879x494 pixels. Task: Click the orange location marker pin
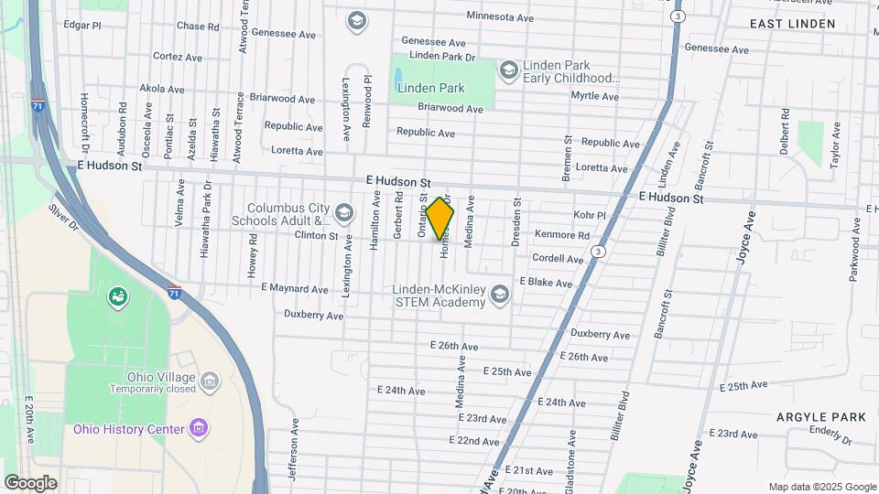(440, 218)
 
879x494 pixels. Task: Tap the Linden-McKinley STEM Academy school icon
(500, 294)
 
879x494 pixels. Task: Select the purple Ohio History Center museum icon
(197, 428)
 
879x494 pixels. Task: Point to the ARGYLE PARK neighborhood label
(808, 417)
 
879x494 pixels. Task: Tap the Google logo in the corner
(30, 483)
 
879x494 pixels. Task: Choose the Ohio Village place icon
(209, 380)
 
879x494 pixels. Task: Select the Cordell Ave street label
(558, 259)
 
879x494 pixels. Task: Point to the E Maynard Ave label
(294, 289)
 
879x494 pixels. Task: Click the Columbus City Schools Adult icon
(344, 214)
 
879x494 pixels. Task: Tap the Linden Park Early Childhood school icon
(508, 70)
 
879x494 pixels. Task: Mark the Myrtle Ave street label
(594, 96)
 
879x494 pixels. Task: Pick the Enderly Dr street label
(831, 430)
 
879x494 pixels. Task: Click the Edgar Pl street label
(82, 25)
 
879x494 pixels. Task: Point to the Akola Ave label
(161, 90)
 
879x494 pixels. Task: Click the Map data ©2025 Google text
(822, 487)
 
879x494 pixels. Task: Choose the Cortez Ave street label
(178, 56)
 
